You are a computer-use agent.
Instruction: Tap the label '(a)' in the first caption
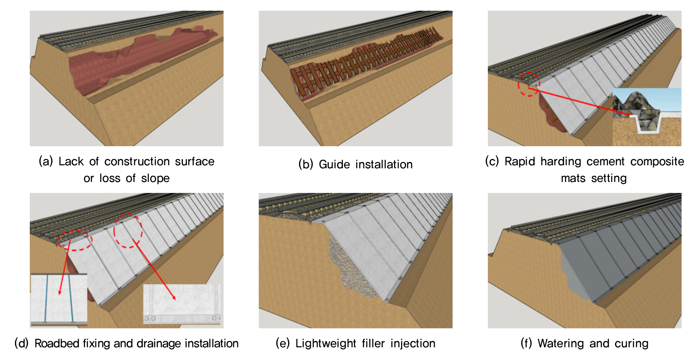46,161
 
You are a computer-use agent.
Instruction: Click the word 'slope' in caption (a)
155,178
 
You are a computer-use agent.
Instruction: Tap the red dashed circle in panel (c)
529,84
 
